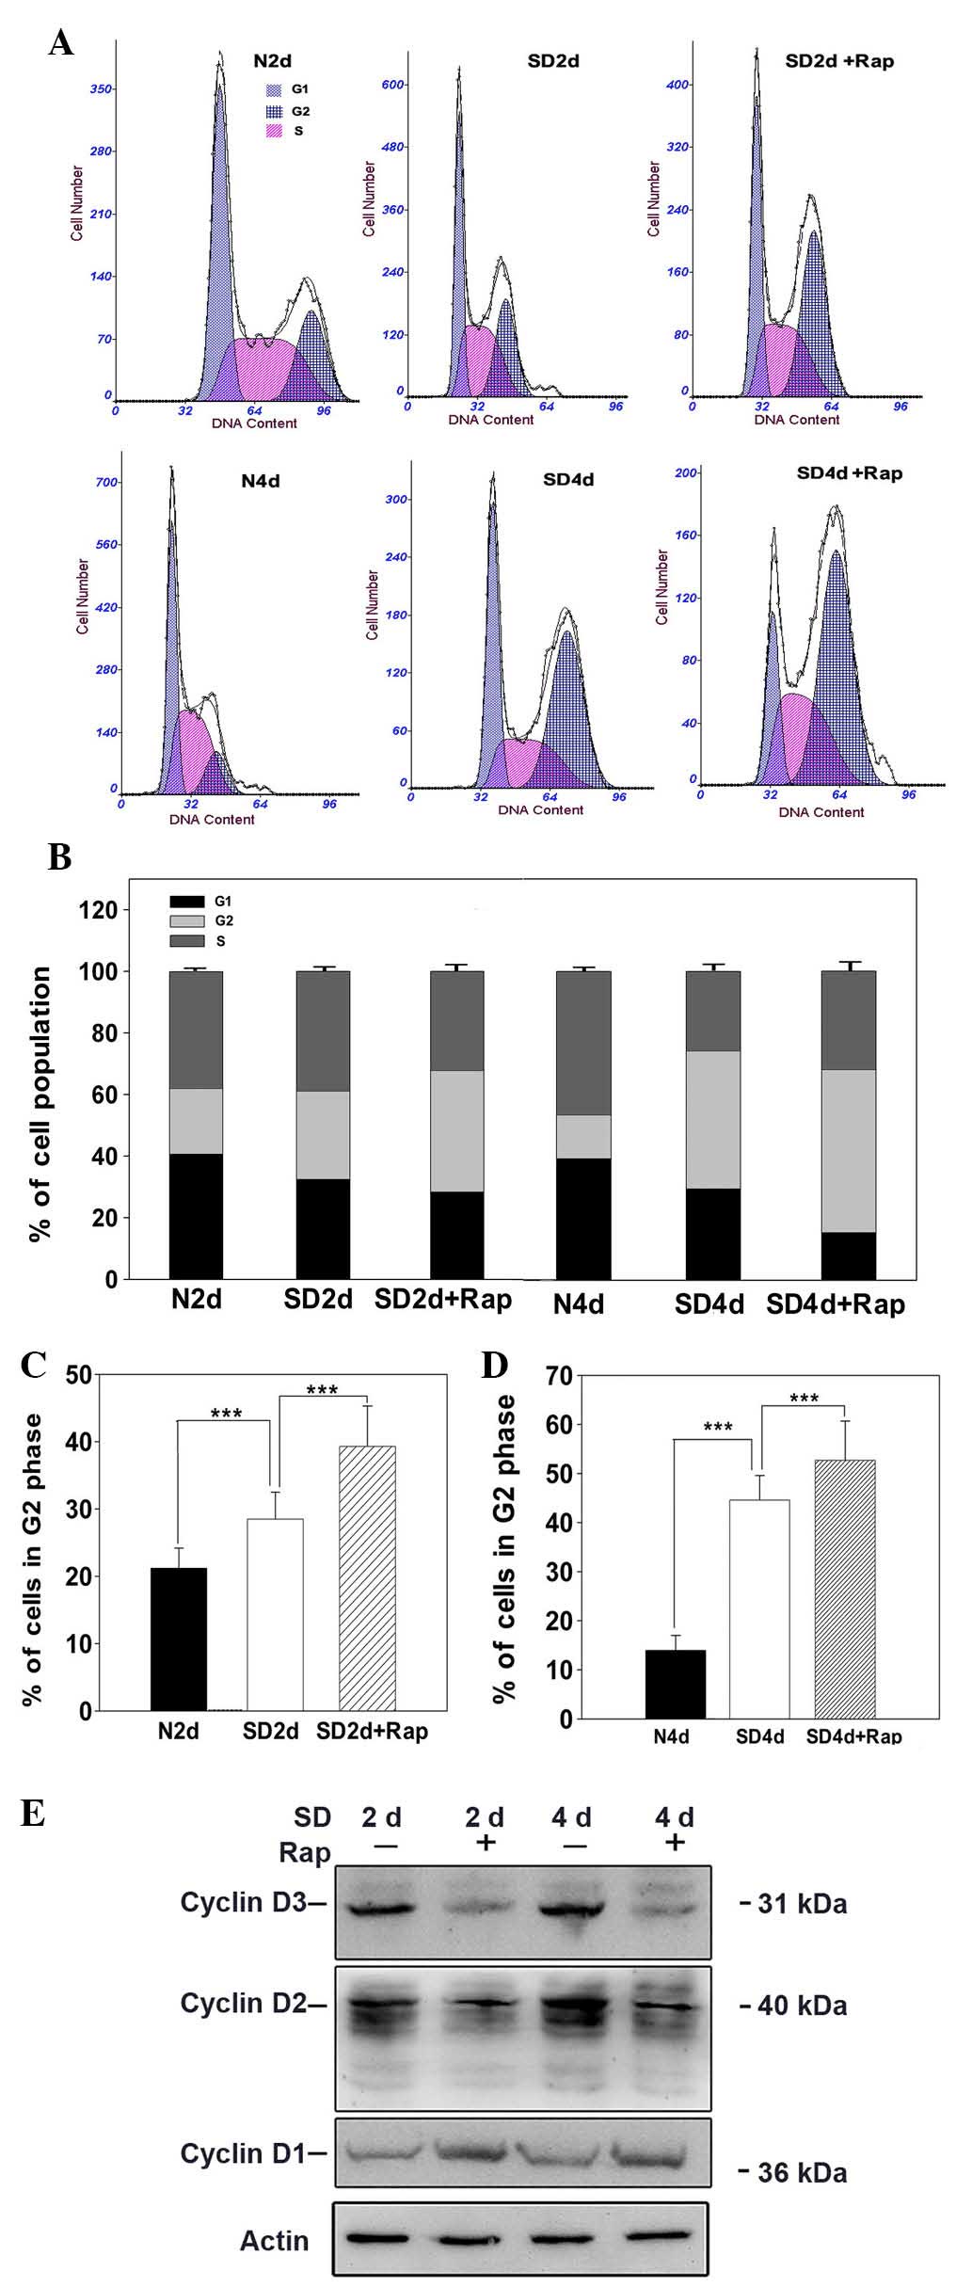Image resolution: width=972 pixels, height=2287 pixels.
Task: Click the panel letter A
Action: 61,42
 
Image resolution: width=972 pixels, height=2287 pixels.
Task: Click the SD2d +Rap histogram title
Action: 839,61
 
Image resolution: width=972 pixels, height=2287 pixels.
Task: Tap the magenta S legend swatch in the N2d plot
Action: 274,131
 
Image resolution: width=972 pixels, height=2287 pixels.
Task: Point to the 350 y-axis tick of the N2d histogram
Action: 101,88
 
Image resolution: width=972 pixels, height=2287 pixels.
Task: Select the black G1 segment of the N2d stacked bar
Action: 196,1216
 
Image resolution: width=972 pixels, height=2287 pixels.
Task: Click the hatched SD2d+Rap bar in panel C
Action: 367,1577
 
